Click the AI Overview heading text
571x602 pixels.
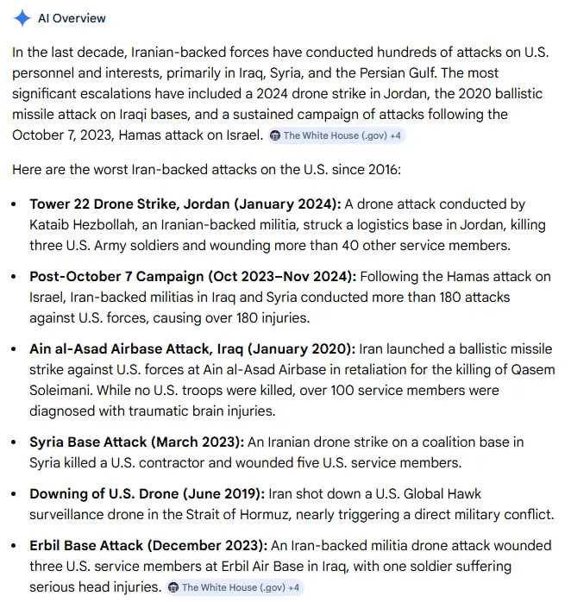pos(72,18)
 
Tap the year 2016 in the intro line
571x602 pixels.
pos(383,169)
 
